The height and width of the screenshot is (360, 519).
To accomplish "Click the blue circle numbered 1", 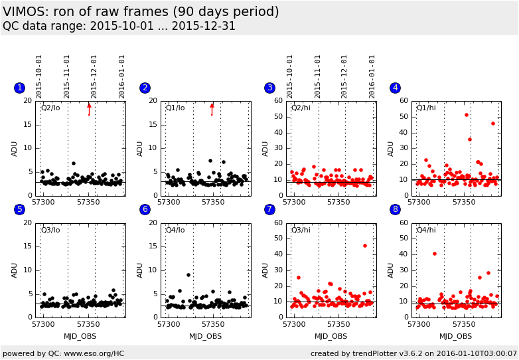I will [19, 88].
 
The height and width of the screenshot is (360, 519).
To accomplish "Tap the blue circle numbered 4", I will [395, 88].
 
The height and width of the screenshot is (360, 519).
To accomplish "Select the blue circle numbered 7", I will [269, 209].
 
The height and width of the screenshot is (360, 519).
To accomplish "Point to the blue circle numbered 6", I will [145, 209].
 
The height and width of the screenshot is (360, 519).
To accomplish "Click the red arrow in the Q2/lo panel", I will [89, 109].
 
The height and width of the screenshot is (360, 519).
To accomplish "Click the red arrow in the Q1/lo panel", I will [212, 109].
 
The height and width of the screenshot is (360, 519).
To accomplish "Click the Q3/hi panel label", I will [301, 230].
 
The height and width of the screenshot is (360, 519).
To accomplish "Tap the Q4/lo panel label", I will [176, 230].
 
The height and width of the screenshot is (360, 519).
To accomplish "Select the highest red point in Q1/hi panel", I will [467, 115].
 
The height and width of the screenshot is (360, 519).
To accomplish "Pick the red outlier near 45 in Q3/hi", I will [364, 246].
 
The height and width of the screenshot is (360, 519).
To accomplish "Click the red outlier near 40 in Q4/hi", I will [435, 253].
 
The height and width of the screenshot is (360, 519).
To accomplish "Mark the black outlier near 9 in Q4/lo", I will [188, 274].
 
